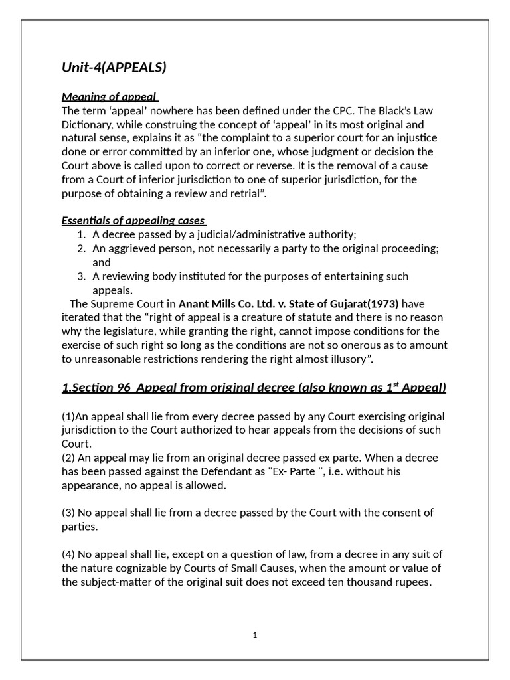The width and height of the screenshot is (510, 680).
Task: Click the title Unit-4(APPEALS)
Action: coord(114,68)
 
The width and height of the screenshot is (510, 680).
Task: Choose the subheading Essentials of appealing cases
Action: coord(133,220)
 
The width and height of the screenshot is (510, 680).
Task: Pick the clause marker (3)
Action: coord(68,513)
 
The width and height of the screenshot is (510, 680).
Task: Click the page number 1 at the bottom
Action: coord(255,636)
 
